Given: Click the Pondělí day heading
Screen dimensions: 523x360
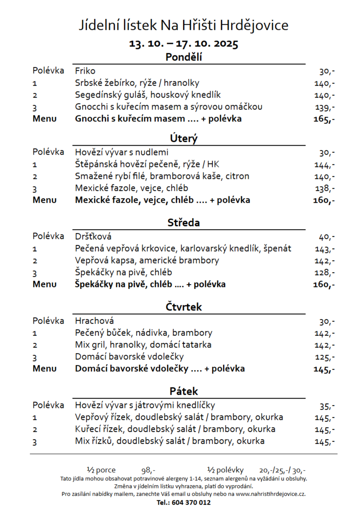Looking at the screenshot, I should coord(183,57).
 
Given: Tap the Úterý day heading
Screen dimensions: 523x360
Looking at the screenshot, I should coord(183,138).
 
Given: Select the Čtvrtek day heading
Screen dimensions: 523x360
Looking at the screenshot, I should coord(183,307).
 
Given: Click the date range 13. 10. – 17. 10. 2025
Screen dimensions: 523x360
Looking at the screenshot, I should coord(183,44).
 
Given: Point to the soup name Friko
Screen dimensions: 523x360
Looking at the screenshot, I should coord(85,71).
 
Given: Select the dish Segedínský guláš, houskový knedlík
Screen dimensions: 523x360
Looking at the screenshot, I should coord(148,95).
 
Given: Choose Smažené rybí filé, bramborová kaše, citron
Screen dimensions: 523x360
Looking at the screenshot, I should coord(162,176).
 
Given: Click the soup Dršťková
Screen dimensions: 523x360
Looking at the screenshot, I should coord(93,236).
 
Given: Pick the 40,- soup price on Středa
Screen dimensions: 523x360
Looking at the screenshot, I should coord(326,237).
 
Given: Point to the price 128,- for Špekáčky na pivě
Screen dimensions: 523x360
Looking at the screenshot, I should coord(325,273).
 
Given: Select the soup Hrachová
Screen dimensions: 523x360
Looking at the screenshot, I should coord(94,321).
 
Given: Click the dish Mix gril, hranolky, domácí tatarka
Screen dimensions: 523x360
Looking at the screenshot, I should coord(143,345).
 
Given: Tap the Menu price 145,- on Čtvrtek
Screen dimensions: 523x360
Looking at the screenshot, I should coord(324,369).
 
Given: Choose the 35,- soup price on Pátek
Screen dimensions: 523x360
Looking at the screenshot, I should coord(327,406).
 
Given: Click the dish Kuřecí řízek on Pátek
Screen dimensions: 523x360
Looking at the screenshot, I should coord(175,429).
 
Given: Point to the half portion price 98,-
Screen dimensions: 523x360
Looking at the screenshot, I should coord(148,471).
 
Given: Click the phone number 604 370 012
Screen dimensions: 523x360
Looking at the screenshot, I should coord(191,503).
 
